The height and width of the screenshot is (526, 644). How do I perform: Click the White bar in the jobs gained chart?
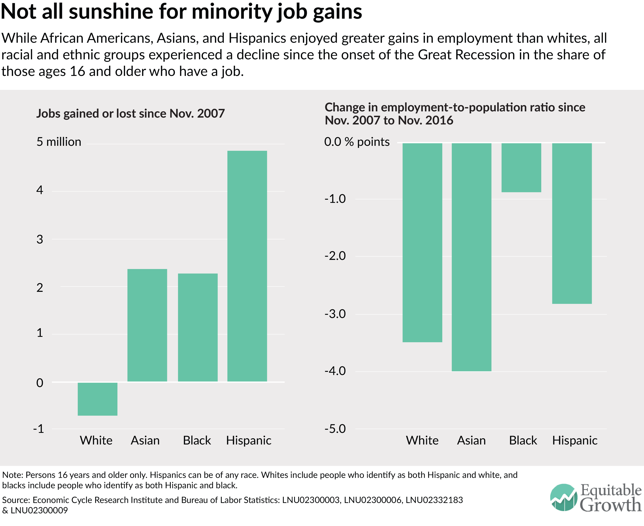97,399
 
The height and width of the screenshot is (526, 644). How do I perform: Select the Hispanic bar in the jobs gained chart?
247,266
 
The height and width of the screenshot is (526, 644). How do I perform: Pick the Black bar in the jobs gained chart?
198,327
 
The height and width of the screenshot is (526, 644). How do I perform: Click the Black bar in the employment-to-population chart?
521,168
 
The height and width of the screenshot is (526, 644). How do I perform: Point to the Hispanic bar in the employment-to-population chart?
572,223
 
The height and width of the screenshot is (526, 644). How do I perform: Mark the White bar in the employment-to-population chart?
422,242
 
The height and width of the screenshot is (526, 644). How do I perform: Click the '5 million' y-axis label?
59,142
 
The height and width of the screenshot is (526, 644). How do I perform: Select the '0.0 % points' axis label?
357,142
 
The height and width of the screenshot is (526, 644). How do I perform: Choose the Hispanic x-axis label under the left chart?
249,441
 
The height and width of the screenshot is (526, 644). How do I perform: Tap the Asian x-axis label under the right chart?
471,441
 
